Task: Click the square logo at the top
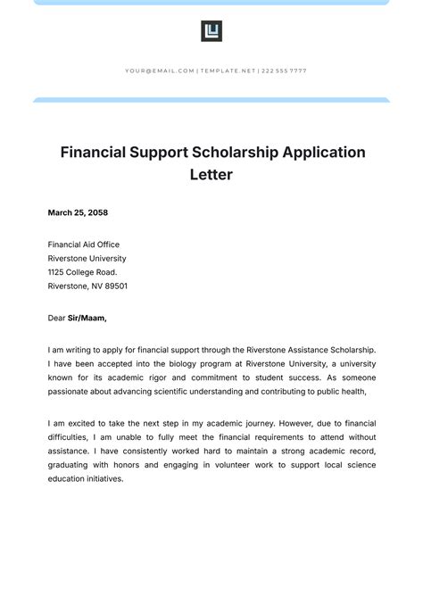tap(211, 32)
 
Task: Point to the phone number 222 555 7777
tap(283, 70)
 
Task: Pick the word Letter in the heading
tap(211, 175)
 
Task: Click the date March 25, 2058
tap(78, 212)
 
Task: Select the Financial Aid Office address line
tap(83, 245)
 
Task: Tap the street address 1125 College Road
tap(82, 272)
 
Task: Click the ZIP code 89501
tap(115, 286)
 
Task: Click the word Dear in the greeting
tap(57, 317)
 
